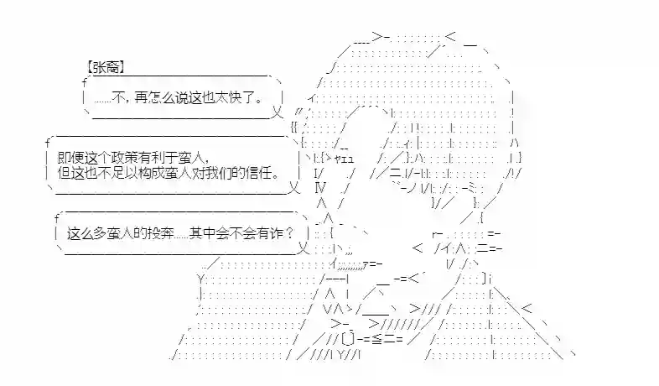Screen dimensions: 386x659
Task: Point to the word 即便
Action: (x=69, y=158)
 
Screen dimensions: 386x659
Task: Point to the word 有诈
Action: (x=272, y=232)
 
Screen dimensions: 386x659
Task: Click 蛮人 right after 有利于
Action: (x=191, y=158)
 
